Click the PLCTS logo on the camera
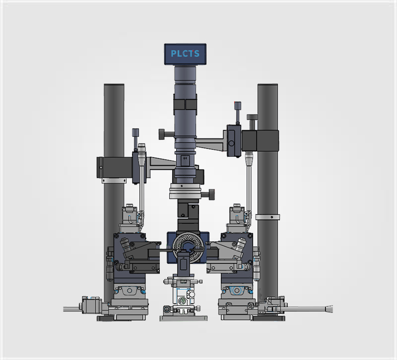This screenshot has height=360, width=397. point(185,54)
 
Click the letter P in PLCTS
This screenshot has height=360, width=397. point(174,54)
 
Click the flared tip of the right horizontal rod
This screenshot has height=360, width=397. point(329,309)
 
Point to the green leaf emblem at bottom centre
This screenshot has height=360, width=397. point(182,300)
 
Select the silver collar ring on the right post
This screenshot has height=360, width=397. point(267,217)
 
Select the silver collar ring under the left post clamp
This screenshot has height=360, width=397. point(114,180)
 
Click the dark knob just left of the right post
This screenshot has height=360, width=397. point(253,121)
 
